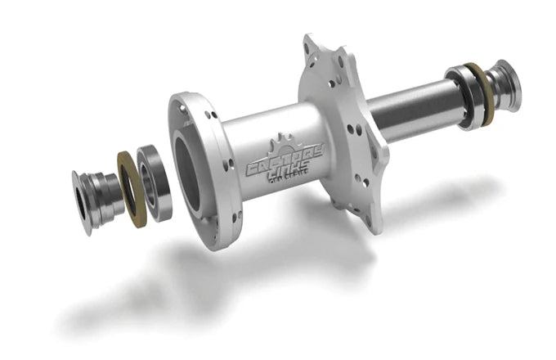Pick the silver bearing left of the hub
point(154,182)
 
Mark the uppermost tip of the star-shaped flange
point(312,41)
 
